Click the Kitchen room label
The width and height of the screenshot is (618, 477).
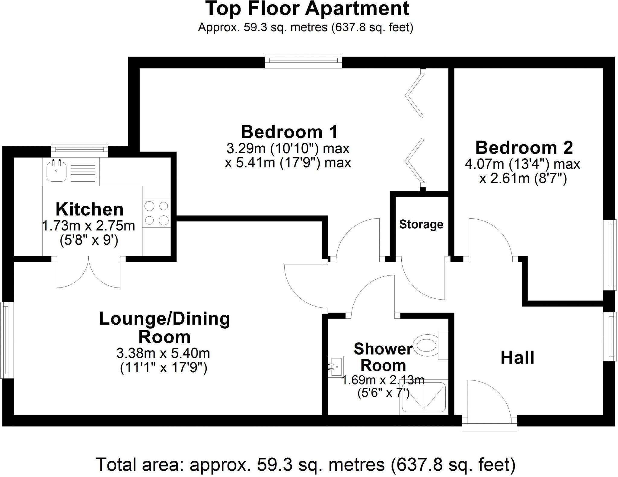tap(90, 209)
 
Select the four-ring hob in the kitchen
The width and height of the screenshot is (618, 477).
tap(156, 213)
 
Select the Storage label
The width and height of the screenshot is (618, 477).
tap(421, 224)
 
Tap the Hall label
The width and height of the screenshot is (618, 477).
tap(517, 358)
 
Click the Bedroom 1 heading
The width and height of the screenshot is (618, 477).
tap(289, 132)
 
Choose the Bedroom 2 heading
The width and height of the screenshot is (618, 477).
tap(524, 148)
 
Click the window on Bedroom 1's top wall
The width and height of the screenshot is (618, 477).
tap(303, 61)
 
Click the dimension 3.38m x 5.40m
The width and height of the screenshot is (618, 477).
tap(163, 353)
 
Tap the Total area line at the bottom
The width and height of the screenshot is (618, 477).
tap(305, 464)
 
